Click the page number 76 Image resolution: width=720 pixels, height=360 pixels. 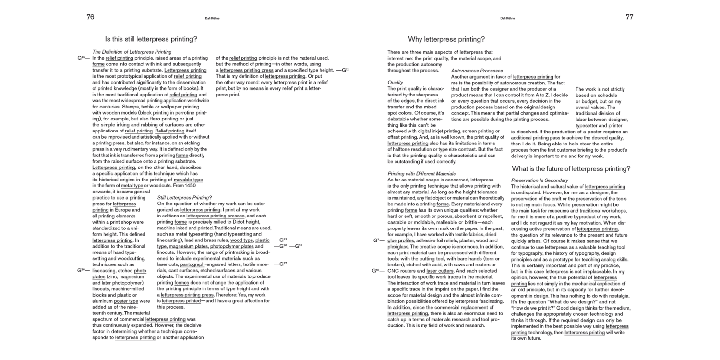(x=90, y=17)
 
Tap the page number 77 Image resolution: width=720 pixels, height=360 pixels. (x=629, y=17)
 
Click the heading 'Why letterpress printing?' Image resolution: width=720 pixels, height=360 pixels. (x=446, y=39)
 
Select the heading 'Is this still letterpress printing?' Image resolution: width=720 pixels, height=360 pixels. (x=151, y=39)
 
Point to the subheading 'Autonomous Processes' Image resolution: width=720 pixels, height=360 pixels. (x=477, y=71)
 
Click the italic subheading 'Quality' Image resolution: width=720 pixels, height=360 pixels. (x=395, y=83)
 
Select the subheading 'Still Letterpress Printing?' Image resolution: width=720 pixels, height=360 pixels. (x=184, y=197)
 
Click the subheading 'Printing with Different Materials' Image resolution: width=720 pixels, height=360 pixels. (x=421, y=173)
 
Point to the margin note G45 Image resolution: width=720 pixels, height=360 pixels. (x=81, y=58)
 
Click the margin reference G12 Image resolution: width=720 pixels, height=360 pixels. (x=345, y=70)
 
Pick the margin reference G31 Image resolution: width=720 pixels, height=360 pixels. (x=298, y=246)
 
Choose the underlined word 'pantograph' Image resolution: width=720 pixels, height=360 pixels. (x=192, y=264)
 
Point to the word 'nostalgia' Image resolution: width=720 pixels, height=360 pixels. (x=614, y=296)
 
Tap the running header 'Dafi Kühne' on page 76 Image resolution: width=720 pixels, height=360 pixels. (x=212, y=18)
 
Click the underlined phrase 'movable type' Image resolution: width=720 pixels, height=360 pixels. (x=188, y=180)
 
